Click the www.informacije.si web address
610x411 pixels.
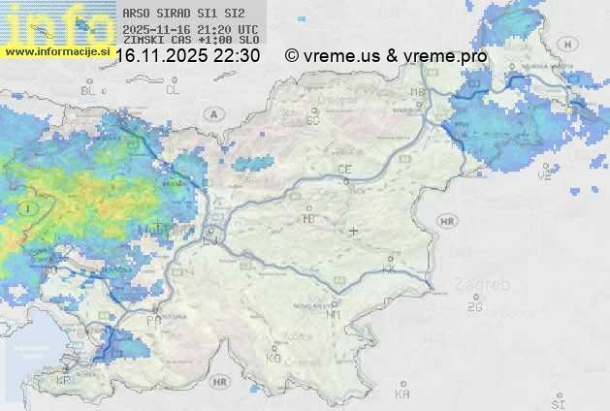56,51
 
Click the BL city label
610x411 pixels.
89,90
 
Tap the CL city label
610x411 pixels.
173,90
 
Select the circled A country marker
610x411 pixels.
212,113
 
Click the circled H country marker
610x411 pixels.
572,45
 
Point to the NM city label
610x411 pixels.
335,314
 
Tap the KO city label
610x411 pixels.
273,358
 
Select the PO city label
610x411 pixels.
153,320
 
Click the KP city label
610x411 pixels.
64,381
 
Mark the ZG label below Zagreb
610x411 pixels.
474,307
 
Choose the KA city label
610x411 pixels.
402,395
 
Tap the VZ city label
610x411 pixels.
545,177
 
